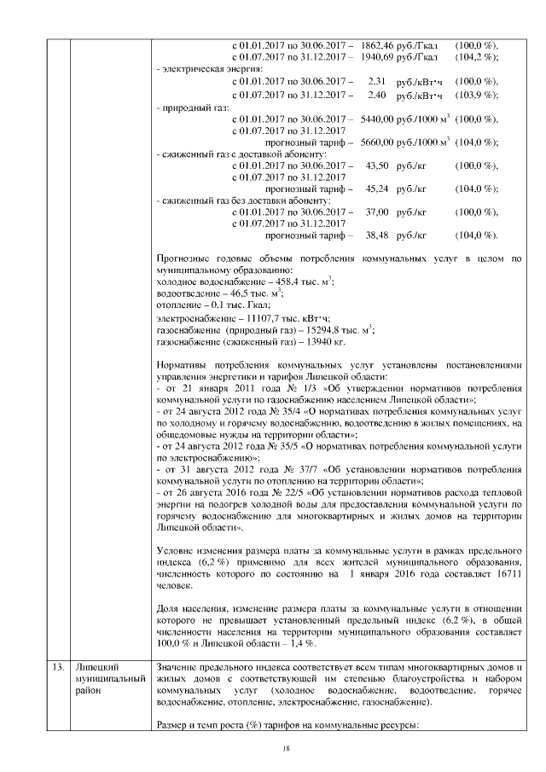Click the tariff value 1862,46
[376, 45]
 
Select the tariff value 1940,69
[376, 57]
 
